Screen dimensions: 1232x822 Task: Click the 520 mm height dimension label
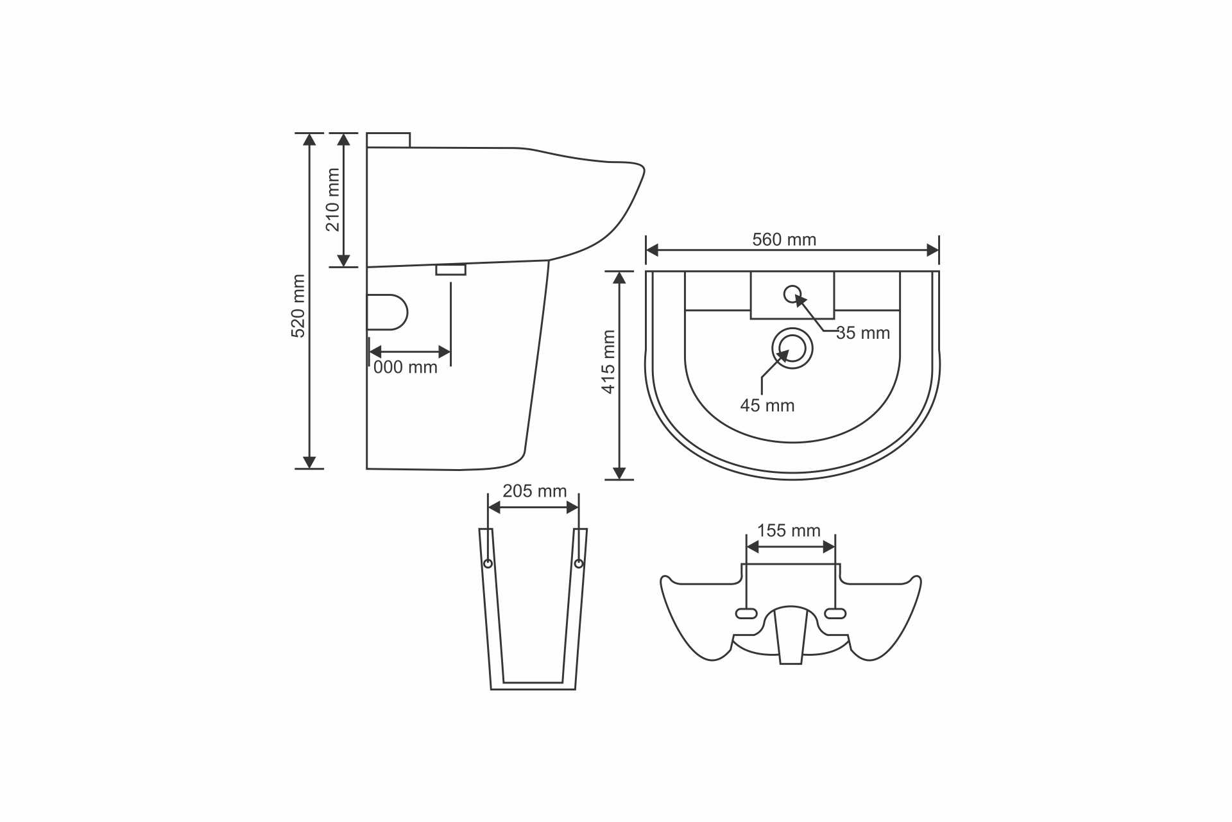coord(298,306)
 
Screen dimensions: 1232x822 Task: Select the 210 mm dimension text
coord(332,200)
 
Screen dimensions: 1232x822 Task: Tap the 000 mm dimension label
coord(406,367)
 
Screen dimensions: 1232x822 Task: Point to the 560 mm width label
coord(784,239)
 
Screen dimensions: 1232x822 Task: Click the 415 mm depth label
coord(608,362)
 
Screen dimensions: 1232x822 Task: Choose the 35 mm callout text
coord(863,333)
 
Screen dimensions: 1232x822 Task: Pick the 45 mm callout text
coord(767,406)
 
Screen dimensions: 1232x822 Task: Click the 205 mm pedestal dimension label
coord(535,491)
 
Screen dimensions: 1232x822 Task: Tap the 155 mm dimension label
coord(789,531)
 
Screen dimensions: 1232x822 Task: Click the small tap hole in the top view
coord(792,294)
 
